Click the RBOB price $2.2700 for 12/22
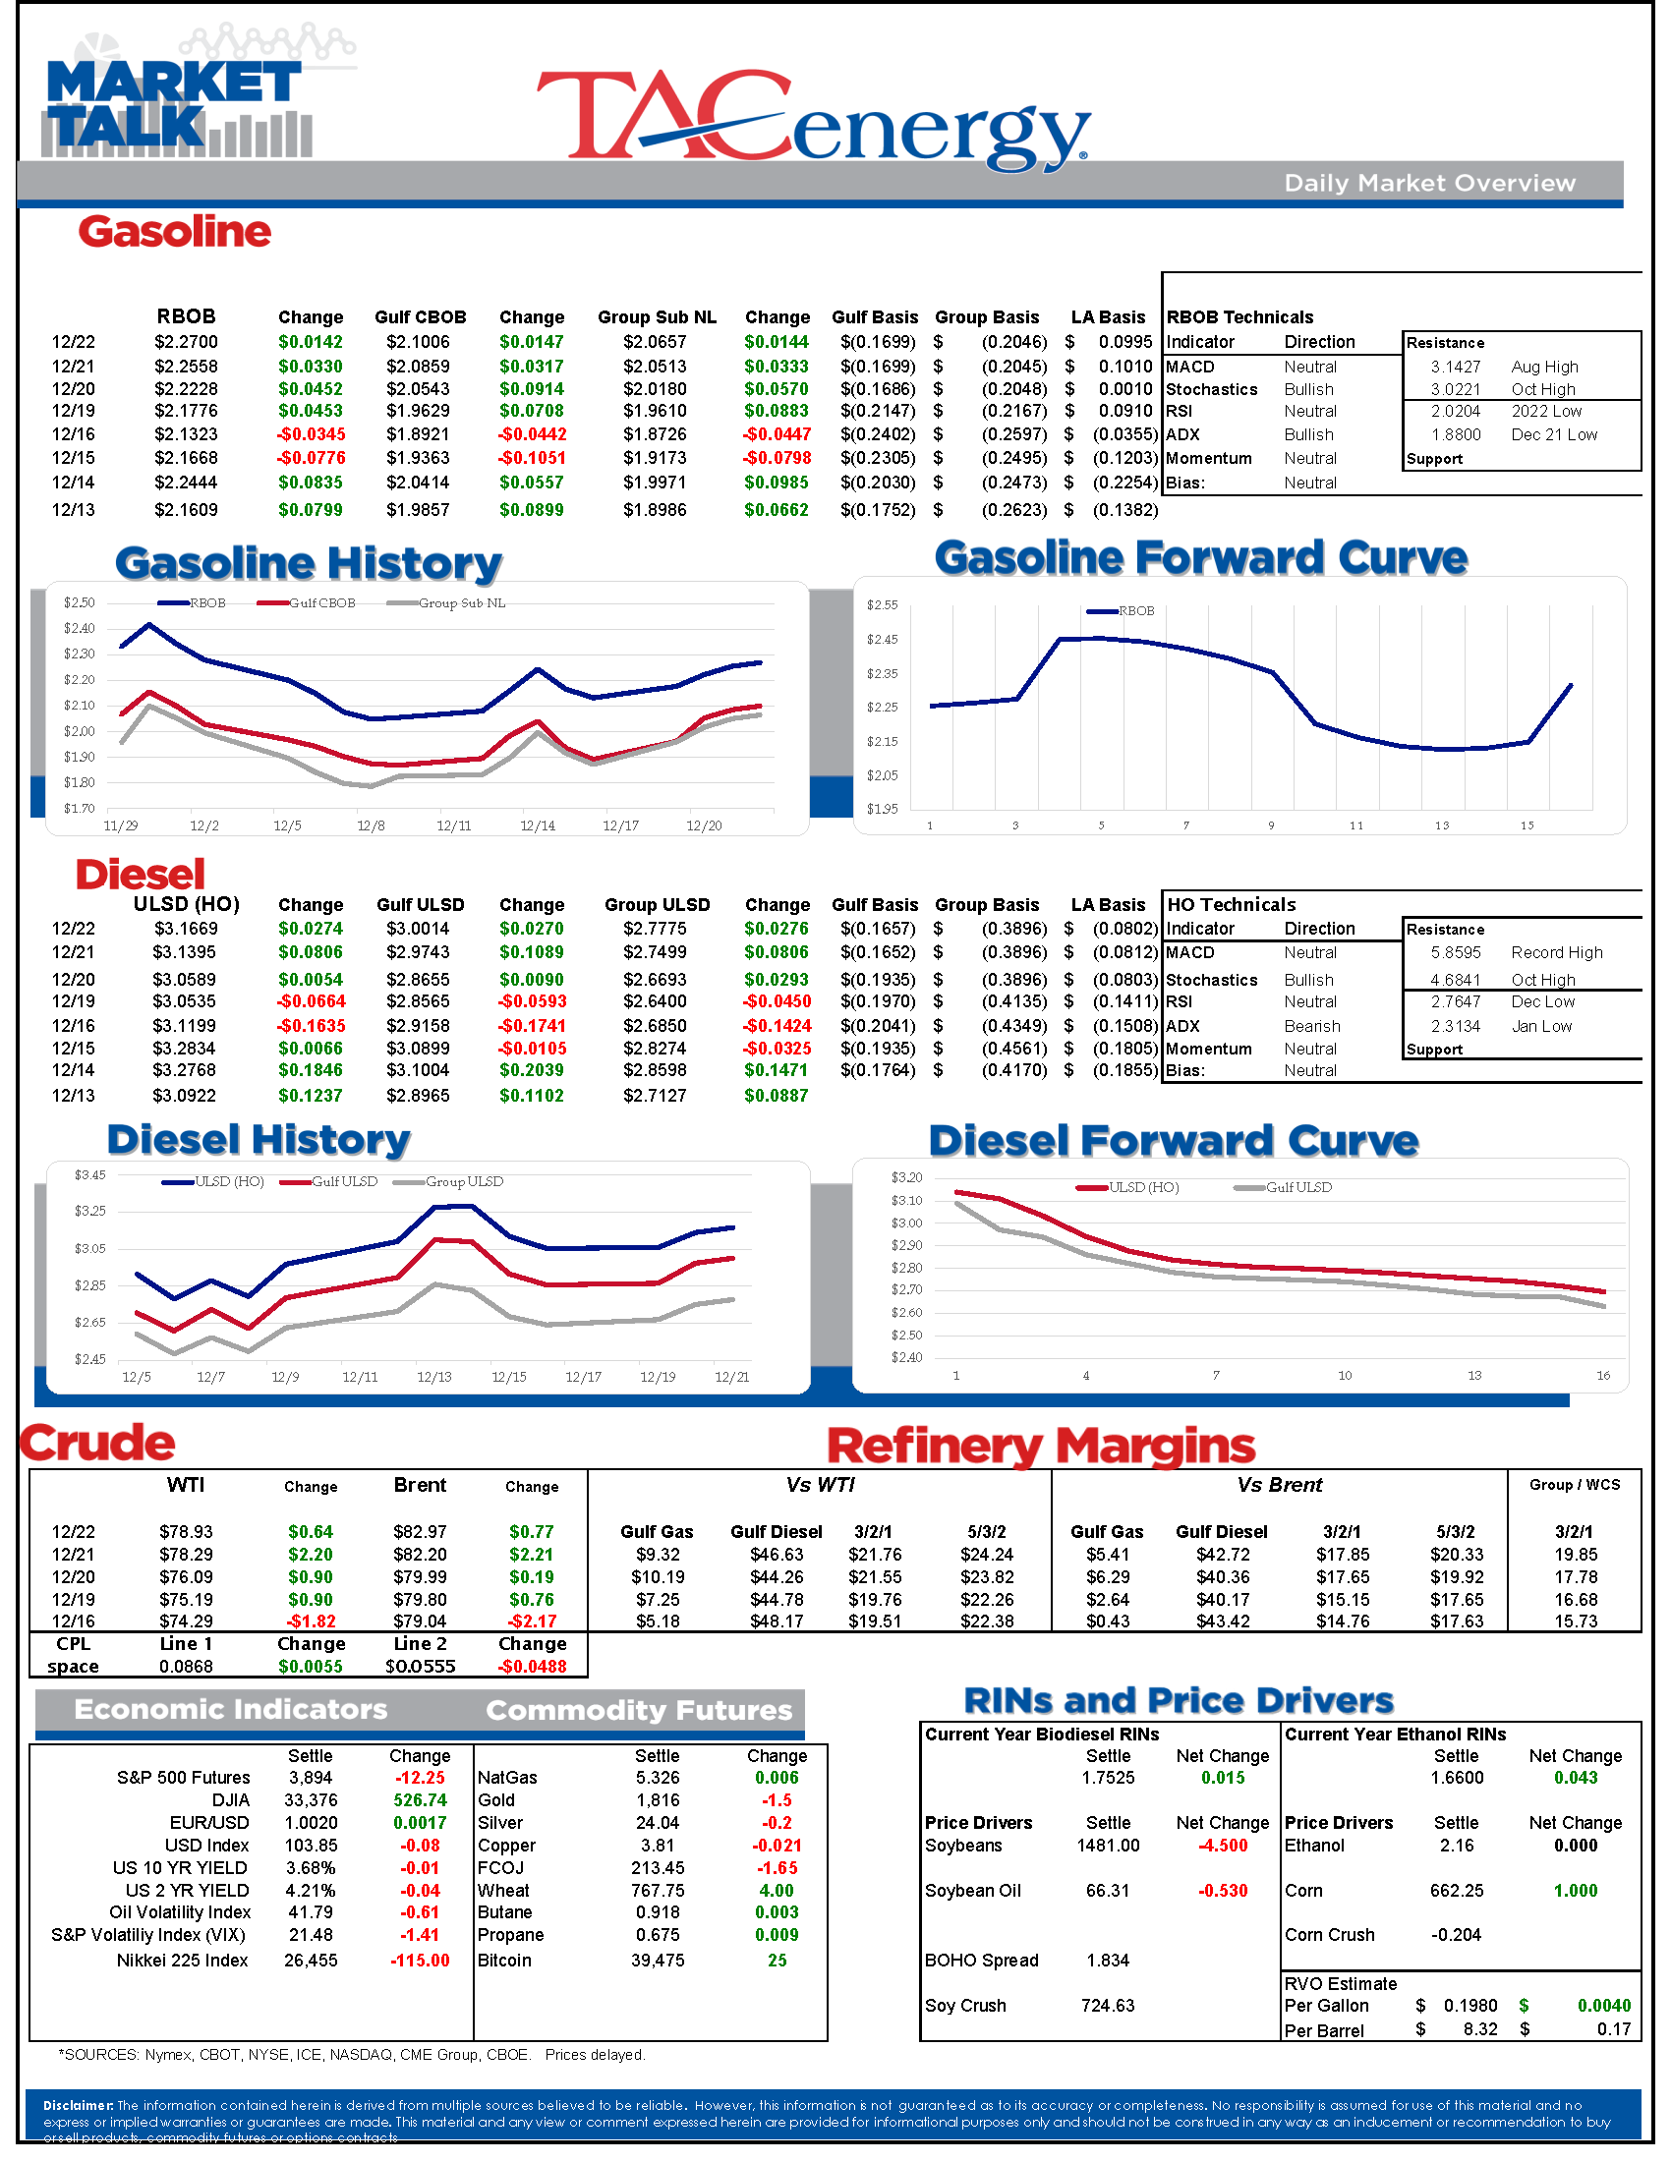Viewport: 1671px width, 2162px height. [x=185, y=342]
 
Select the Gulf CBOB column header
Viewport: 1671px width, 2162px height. [x=420, y=316]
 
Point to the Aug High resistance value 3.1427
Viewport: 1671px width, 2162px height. [x=1454, y=367]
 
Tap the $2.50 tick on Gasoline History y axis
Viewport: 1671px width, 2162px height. [x=80, y=602]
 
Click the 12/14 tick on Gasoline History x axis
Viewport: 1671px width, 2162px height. [x=538, y=825]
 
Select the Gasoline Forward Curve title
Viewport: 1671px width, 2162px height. [x=1200, y=557]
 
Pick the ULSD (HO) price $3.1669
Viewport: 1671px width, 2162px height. [x=185, y=929]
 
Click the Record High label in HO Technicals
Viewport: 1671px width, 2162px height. [x=1556, y=952]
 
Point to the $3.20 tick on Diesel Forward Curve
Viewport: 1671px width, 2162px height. [x=906, y=1177]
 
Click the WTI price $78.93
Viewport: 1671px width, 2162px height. [x=185, y=1531]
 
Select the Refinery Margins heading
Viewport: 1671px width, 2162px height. [x=1040, y=1447]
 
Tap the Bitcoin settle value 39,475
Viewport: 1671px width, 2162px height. [x=658, y=1961]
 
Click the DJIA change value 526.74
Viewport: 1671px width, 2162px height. [x=420, y=1799]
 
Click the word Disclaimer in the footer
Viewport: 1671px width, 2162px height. [x=79, y=2105]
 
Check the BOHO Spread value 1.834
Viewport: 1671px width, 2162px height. [x=1108, y=1961]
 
